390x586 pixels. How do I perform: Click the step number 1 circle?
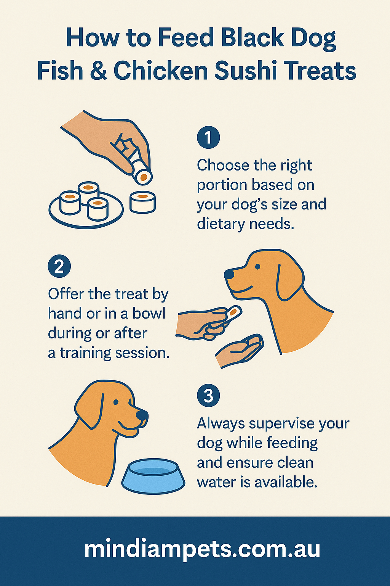[208, 137]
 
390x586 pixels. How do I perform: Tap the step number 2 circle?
[59, 266]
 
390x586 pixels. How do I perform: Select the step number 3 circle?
[208, 396]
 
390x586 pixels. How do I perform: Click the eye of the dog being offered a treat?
[258, 267]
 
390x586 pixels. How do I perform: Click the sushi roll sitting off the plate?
[142, 202]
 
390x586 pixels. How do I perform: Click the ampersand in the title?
[99, 71]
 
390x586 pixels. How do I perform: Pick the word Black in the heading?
[252, 38]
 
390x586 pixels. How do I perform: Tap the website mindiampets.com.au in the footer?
[202, 549]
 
